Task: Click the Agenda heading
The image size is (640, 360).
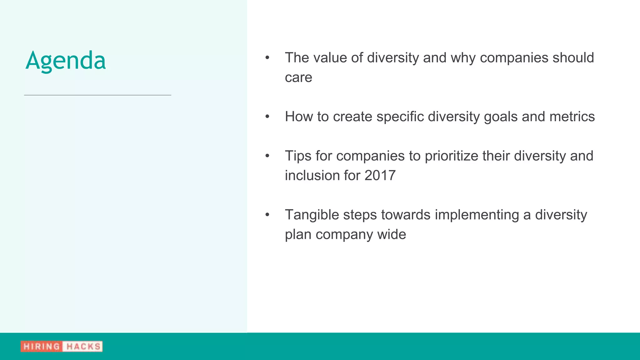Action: click(66, 61)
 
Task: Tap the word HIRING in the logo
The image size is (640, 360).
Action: click(42, 347)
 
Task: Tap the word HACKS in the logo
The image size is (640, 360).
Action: click(83, 347)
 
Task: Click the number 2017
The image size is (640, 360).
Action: click(380, 175)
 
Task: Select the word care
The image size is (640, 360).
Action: click(298, 77)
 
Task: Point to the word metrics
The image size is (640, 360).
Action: click(572, 117)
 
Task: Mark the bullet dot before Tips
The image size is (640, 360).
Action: click(267, 156)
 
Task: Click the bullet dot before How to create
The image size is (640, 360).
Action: click(267, 117)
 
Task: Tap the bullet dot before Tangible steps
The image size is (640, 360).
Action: click(267, 215)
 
